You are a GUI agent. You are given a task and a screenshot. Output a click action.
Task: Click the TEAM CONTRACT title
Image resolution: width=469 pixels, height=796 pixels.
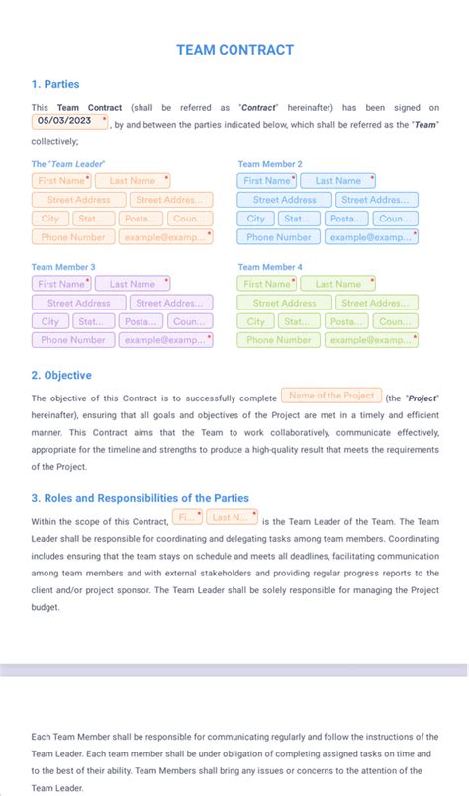point(234,50)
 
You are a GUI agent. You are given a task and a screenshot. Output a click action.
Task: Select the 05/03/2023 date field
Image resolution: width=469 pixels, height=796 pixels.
point(69,121)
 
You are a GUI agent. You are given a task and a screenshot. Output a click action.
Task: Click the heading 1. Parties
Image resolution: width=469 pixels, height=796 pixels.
point(55,84)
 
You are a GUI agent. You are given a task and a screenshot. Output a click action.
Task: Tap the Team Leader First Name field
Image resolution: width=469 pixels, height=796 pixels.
point(61,181)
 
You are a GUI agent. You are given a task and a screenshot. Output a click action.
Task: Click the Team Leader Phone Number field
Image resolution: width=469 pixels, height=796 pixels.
point(73,237)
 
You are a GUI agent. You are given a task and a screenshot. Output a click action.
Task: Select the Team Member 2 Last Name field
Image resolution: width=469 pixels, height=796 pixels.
point(337,181)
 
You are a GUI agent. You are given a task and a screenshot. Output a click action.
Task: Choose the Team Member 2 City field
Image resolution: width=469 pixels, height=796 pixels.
point(255,219)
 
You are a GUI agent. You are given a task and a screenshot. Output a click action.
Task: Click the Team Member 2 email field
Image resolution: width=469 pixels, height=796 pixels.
point(371,237)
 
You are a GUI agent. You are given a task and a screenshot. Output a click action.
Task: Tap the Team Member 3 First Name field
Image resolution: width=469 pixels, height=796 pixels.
point(61,284)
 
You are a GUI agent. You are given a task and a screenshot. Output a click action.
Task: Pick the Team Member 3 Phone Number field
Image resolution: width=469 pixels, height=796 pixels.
point(73,340)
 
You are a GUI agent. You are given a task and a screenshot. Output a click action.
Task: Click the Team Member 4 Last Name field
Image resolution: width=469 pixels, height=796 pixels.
point(337,284)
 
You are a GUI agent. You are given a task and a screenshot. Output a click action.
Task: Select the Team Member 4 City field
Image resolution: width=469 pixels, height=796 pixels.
point(255,321)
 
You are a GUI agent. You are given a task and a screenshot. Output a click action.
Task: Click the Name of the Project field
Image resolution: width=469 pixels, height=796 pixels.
point(331,396)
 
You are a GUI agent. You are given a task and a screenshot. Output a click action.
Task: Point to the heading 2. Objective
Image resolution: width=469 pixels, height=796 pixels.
point(61,376)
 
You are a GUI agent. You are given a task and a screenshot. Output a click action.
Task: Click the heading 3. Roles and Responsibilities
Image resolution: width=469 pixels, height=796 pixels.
point(140,498)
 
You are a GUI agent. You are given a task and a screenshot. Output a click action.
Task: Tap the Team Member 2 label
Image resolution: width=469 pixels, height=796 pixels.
point(270,164)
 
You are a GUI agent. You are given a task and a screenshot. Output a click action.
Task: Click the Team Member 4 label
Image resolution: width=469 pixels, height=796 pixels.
point(270,267)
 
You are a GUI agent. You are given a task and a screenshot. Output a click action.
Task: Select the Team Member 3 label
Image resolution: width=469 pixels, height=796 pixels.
point(63,267)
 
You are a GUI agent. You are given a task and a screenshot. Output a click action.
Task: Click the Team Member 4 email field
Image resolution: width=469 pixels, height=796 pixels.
point(371,340)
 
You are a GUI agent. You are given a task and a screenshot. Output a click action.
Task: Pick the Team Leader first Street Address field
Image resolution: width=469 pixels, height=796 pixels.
point(78,200)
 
